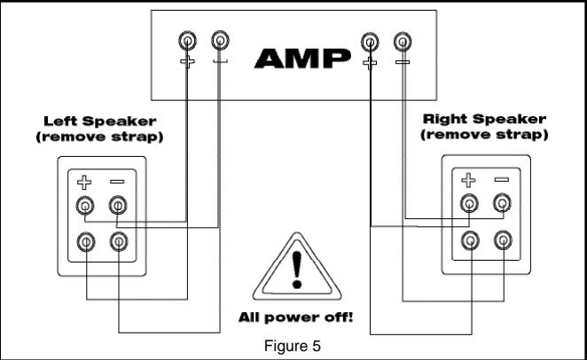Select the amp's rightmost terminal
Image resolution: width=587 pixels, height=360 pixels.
point(403,41)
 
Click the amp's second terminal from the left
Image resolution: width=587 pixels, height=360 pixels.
point(219,41)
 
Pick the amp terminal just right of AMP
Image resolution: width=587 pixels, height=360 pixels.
point(368,41)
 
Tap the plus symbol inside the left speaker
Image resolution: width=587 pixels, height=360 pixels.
point(83,183)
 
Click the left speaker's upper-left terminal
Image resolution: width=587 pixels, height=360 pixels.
point(83,207)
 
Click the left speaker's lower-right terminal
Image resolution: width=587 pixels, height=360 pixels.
point(117,240)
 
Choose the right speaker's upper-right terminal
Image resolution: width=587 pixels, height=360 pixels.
point(502,205)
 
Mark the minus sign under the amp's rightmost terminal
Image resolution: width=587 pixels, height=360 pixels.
point(403,63)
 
